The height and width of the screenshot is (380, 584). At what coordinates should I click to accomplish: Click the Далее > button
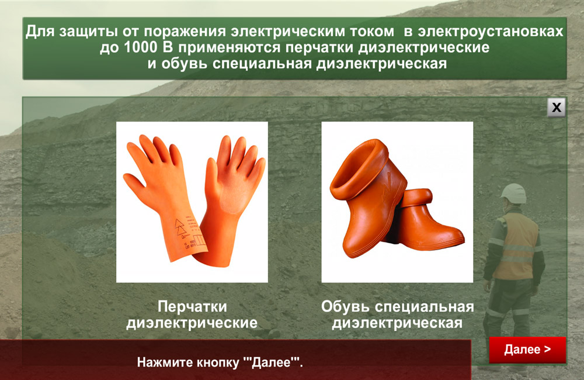tap(527, 350)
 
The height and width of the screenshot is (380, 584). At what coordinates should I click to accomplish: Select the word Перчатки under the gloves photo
tap(192, 306)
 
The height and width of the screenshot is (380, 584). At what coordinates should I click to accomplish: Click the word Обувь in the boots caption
tap(345, 306)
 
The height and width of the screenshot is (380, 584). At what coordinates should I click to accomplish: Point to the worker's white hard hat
tap(513, 193)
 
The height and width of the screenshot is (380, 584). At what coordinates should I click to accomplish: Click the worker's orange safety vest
tap(517, 246)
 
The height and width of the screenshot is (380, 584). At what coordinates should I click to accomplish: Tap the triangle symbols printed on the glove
tap(180, 227)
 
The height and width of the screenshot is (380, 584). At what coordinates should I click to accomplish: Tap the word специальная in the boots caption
tap(424, 307)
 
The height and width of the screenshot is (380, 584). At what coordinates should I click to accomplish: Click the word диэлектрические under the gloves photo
tap(192, 323)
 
